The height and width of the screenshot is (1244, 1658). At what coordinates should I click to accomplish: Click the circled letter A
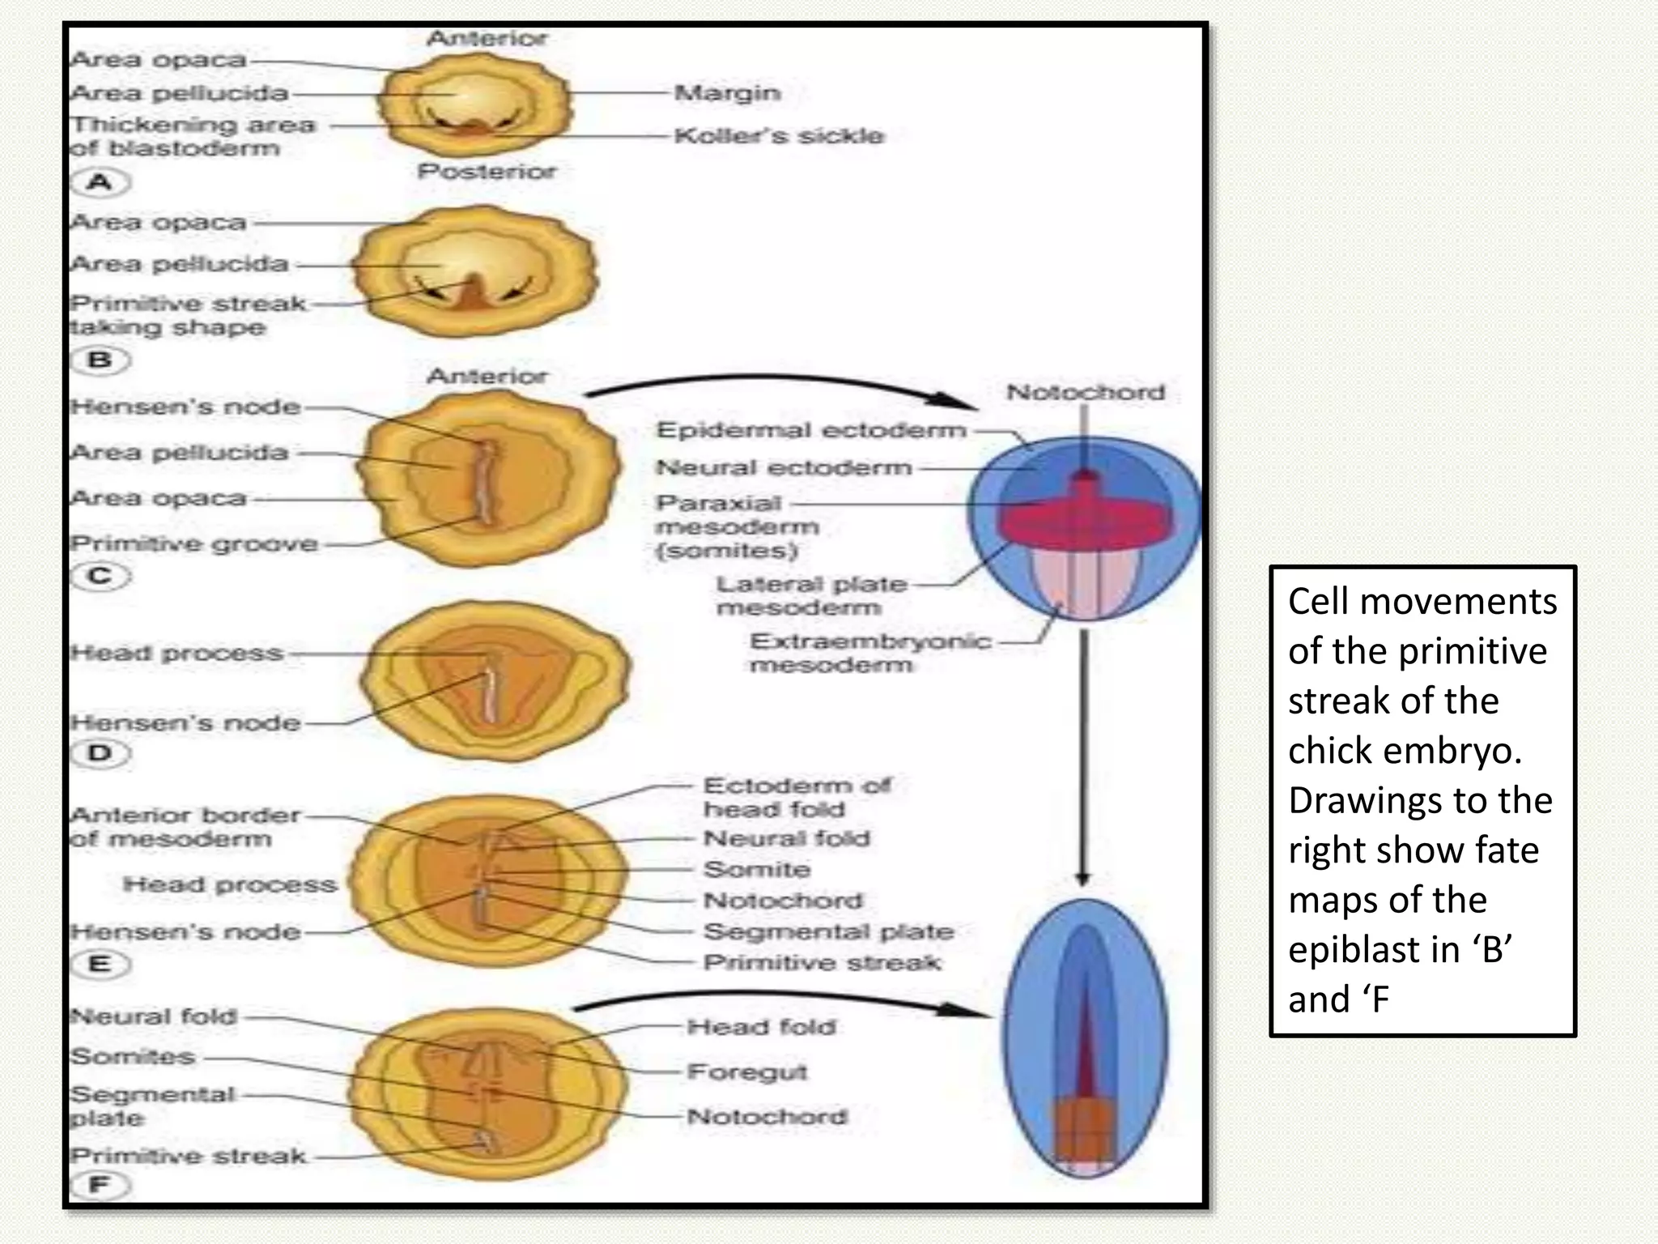(100, 182)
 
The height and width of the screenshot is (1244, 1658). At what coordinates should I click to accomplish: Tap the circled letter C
(100, 577)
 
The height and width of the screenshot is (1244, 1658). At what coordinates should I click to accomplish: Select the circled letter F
(100, 1186)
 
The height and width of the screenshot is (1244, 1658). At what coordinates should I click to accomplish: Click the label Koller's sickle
(779, 135)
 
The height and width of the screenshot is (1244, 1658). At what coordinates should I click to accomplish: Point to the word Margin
(728, 93)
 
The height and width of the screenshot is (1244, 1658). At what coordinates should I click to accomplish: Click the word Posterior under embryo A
(487, 172)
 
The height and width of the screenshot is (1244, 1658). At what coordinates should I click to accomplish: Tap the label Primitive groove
(194, 543)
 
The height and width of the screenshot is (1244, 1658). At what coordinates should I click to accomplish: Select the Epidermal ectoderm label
(811, 430)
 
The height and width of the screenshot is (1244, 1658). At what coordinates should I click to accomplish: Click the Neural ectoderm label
(784, 467)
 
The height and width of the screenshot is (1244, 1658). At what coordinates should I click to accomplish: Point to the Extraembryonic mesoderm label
(870, 653)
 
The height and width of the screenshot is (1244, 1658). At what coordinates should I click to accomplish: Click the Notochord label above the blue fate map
(1086, 393)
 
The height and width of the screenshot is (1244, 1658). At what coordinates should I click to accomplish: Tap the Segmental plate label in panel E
(828, 931)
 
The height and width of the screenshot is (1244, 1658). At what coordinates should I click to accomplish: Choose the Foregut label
(747, 1072)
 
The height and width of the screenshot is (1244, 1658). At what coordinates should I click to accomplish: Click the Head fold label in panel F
(761, 1027)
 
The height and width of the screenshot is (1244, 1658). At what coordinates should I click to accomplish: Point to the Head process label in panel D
(176, 653)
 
